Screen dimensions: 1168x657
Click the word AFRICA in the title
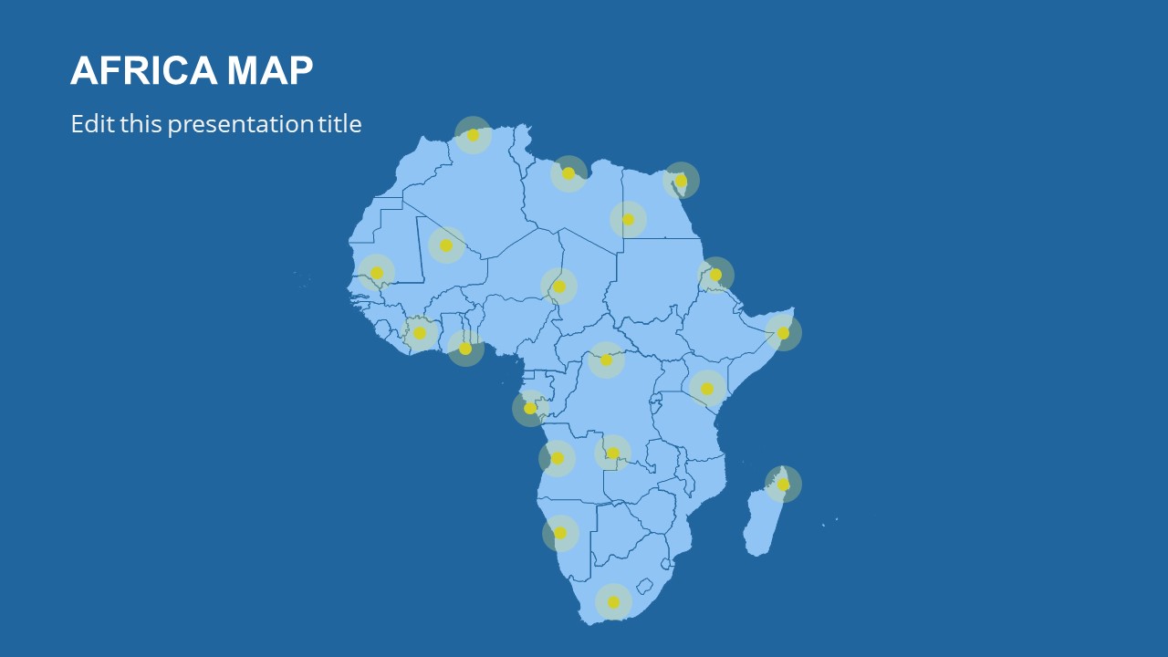click(143, 70)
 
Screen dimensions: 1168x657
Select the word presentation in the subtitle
click(240, 125)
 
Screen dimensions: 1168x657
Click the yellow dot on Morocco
click(473, 135)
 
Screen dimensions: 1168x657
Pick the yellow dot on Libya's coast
click(568, 173)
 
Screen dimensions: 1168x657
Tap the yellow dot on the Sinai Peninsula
click(681, 181)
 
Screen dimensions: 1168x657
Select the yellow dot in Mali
click(446, 245)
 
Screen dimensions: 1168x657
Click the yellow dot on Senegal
click(377, 273)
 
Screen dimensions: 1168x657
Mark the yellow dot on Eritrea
click(715, 275)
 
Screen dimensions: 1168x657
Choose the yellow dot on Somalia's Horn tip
click(783, 333)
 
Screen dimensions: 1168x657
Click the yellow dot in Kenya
click(707, 389)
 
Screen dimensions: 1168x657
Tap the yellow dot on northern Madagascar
click(783, 485)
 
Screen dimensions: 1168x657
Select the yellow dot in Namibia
click(560, 533)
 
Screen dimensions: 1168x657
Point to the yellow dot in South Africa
click(613, 602)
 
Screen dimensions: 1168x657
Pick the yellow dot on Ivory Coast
click(420, 333)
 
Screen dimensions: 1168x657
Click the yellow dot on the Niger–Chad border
click(559, 287)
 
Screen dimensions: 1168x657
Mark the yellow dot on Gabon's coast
click(530, 408)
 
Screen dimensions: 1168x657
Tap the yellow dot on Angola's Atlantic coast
click(558, 458)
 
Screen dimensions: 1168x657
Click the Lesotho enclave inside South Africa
click(645, 585)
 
